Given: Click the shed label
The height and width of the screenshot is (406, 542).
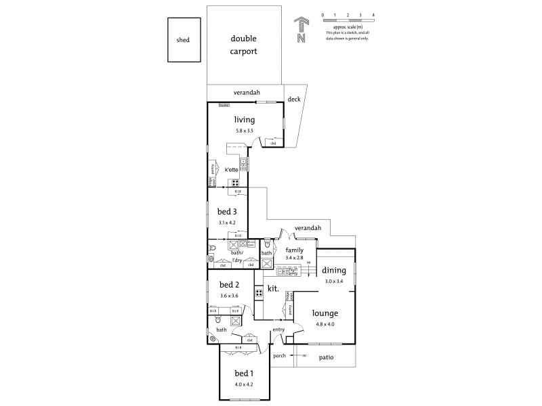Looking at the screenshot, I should click(x=183, y=40).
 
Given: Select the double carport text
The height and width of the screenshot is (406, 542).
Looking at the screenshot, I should click(x=243, y=45).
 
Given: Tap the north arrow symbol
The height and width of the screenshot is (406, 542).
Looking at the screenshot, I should click(x=301, y=30).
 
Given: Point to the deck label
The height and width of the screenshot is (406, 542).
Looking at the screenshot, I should click(x=293, y=99).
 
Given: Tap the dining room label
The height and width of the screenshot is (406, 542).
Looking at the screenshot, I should click(x=334, y=270).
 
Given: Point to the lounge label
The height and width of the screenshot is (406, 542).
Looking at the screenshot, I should click(x=325, y=313).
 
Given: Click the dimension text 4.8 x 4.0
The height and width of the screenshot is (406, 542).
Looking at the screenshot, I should click(x=325, y=324).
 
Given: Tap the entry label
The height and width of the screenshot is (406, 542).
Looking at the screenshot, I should click(x=278, y=330).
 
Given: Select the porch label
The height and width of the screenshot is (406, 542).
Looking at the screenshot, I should click(x=278, y=355).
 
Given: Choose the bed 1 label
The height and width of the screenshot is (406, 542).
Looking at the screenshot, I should click(x=244, y=374).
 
